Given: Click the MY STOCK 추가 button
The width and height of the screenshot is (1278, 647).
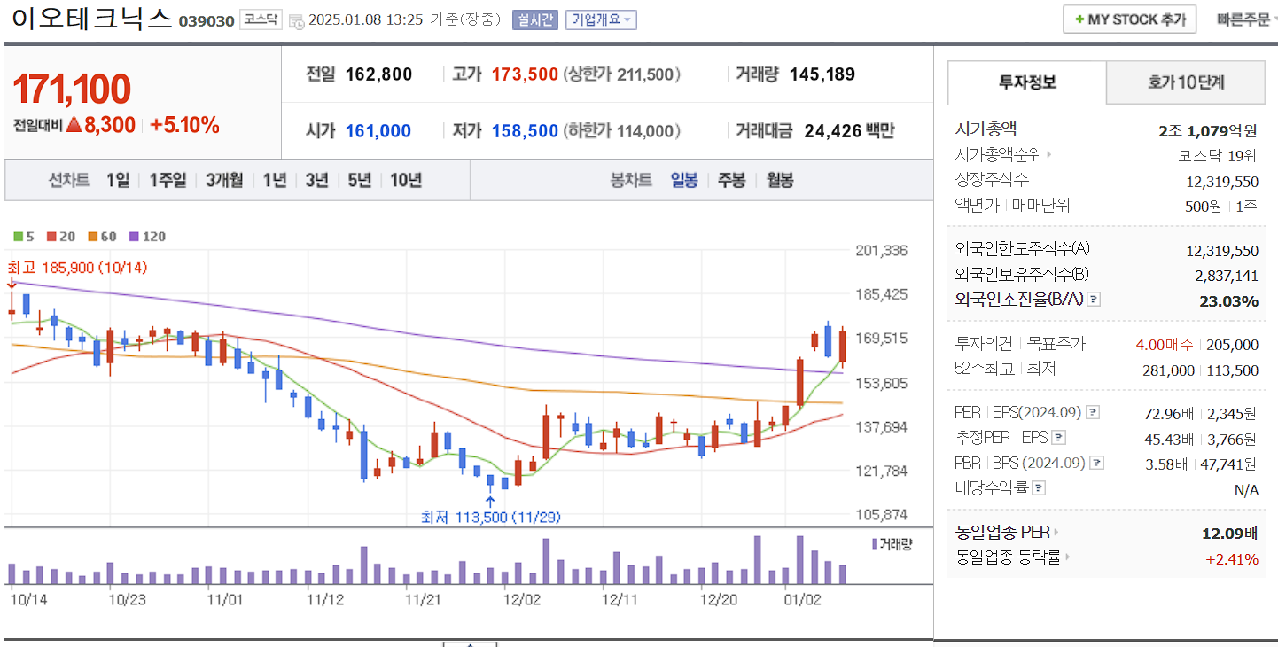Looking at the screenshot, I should [x=1129, y=19].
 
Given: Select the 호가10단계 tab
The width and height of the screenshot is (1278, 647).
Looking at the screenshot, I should [x=1186, y=82].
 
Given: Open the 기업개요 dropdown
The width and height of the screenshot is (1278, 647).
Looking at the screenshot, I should [x=601, y=19].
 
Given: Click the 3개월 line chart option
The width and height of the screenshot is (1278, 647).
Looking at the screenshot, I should [x=224, y=180].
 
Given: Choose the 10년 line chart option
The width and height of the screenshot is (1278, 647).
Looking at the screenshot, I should [x=406, y=180].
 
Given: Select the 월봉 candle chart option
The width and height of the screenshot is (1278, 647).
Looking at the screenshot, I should [x=780, y=180].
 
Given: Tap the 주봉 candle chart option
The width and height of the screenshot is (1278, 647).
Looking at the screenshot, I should [x=731, y=180].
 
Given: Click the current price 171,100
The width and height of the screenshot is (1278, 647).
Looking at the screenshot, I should [x=72, y=90].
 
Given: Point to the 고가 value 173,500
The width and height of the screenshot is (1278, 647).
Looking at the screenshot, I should [x=525, y=74].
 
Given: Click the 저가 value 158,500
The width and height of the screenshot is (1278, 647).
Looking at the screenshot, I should [x=525, y=131].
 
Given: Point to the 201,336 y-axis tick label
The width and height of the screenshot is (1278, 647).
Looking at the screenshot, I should [x=881, y=251].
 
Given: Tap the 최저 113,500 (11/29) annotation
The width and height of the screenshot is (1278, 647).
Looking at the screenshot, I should [x=490, y=518].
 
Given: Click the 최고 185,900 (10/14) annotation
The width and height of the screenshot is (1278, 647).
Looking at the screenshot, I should [x=77, y=267].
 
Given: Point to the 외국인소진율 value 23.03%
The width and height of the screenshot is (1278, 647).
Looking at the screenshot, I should [x=1228, y=301].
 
